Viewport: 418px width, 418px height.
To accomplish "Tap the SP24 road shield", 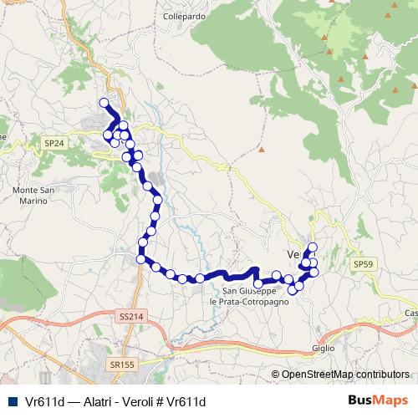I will (x=54, y=144).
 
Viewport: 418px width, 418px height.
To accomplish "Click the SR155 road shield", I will (x=122, y=365).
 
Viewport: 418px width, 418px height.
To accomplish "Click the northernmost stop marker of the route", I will (x=104, y=103).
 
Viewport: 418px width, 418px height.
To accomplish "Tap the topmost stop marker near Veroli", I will (x=313, y=246).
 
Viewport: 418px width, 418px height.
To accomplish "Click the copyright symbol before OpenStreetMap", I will (x=276, y=375).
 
